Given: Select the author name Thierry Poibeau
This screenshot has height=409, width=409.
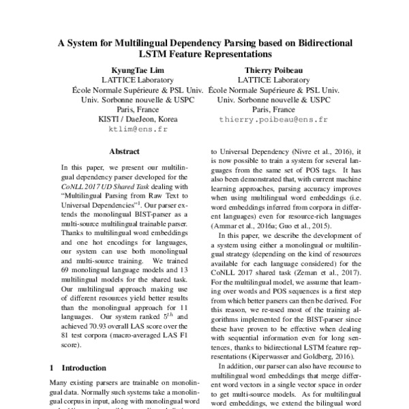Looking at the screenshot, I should (273, 70).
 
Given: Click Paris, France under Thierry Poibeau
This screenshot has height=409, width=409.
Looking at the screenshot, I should (273, 109).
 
